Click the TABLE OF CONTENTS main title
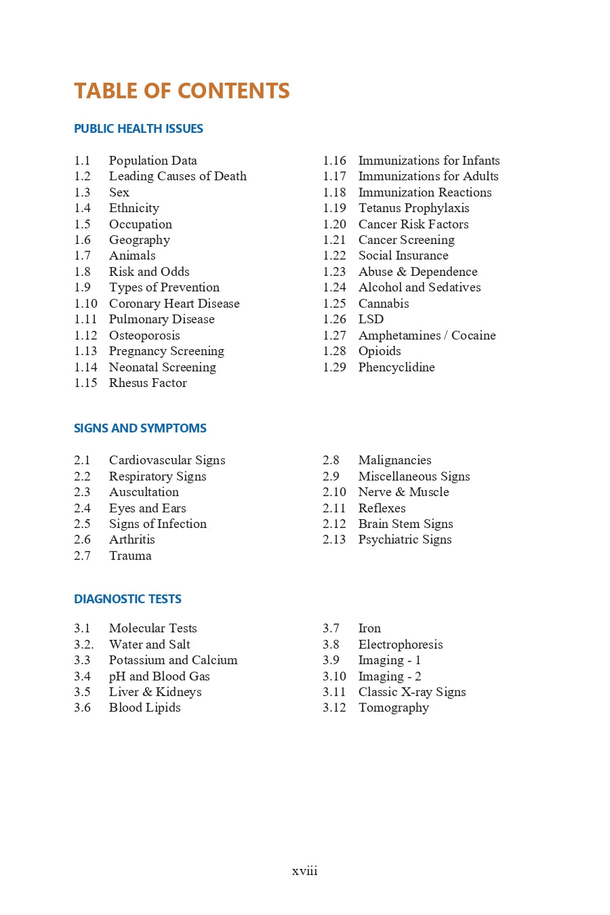point(182,91)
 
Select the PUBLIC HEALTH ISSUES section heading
point(138,129)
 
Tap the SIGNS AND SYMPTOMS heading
point(140,428)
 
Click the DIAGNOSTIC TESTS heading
point(127,599)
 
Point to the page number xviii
point(304,871)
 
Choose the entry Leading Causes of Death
point(178,176)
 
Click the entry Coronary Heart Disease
point(174,304)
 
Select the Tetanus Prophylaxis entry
point(413,208)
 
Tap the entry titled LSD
point(371,319)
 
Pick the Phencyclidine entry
point(396,367)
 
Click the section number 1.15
point(85,383)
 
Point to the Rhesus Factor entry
point(148,383)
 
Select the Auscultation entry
point(144,492)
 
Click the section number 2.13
point(334,540)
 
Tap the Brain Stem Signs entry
point(405,524)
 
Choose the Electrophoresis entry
point(401,645)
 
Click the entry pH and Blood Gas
point(159,676)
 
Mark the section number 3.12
point(334,708)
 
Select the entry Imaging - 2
point(390,676)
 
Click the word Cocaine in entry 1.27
point(473,335)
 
